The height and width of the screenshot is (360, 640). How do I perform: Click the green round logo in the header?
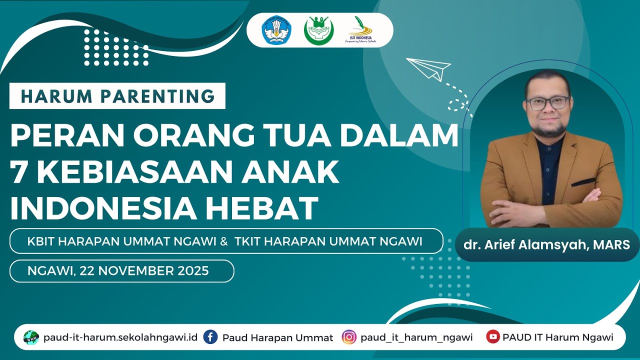[318, 30]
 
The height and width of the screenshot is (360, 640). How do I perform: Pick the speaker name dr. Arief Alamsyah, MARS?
[547, 245]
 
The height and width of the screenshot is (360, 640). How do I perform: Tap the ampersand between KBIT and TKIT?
[224, 241]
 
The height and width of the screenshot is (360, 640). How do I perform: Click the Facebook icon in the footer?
[210, 337]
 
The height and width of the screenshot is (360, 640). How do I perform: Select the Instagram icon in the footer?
[348, 337]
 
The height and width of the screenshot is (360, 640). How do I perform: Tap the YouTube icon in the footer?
[492, 337]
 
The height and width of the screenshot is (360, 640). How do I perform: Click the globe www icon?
[31, 337]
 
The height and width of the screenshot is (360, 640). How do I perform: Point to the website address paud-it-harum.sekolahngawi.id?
[120, 337]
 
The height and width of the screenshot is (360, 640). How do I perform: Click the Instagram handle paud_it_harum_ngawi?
[416, 337]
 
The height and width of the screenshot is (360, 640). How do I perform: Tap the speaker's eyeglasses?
[547, 102]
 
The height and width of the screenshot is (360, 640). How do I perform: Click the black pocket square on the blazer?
[583, 182]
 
